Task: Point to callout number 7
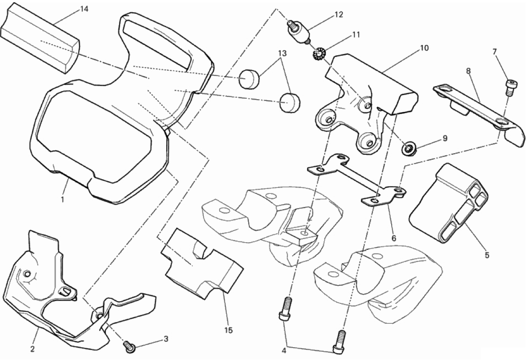[x=494, y=52]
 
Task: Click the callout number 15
[x=229, y=330]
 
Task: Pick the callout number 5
[x=487, y=255]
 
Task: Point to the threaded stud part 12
[x=297, y=32]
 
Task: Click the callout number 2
[x=32, y=348]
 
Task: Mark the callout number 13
[x=283, y=53]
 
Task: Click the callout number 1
[x=62, y=199]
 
